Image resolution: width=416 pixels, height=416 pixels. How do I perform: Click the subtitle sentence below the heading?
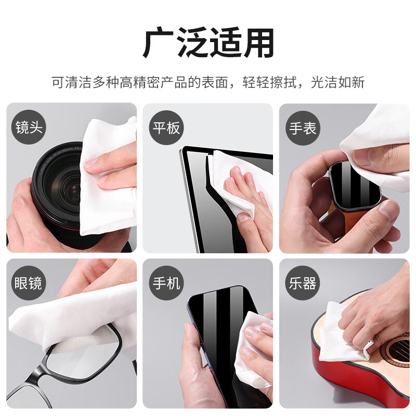[208, 82]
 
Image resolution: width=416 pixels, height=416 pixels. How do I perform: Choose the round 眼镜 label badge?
[29, 283]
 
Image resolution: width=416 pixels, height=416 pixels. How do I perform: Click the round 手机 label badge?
[165, 283]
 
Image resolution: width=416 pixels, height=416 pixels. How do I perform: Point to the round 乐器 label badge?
[303, 283]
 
